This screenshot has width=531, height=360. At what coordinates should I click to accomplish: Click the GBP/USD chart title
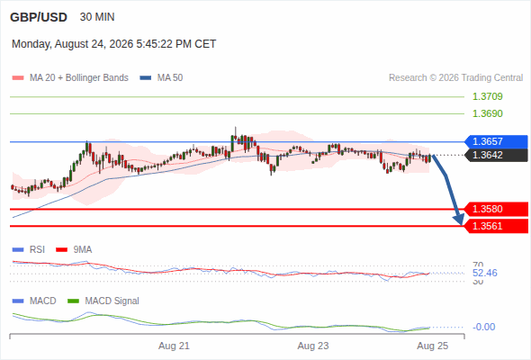coord(39,17)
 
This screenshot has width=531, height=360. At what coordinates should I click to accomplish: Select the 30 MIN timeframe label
coord(97,17)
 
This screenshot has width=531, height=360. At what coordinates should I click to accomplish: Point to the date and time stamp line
coord(113,44)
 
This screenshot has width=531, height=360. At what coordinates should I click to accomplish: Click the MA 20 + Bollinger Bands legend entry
coord(70,78)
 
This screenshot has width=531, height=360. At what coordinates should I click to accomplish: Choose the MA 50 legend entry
coord(161,78)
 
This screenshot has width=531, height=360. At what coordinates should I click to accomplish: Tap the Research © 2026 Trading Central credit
coord(455,78)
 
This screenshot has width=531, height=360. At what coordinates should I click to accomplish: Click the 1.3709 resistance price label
coord(487,96)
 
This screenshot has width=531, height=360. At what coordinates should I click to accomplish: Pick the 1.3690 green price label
coord(487,113)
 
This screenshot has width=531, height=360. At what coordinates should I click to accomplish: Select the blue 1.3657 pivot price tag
coord(496,141)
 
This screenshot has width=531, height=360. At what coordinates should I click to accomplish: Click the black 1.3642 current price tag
coord(496,155)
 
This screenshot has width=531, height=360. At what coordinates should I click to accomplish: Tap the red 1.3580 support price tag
coord(496,209)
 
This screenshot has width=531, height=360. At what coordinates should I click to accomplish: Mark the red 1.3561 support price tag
coord(496,226)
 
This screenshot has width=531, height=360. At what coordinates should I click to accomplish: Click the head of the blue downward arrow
coord(461,223)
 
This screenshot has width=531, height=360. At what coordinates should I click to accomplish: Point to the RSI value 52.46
coord(485,273)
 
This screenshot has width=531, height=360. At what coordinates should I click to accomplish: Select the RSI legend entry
coord(29,249)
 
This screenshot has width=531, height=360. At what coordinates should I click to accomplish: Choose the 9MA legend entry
coord(74,249)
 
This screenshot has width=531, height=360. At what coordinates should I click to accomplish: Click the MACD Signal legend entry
coord(103,301)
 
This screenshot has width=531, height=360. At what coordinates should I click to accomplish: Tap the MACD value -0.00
coord(484,327)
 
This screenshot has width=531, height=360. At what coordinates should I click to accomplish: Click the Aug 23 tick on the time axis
coord(313,346)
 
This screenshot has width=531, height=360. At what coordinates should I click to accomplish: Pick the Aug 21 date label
coord(174,346)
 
